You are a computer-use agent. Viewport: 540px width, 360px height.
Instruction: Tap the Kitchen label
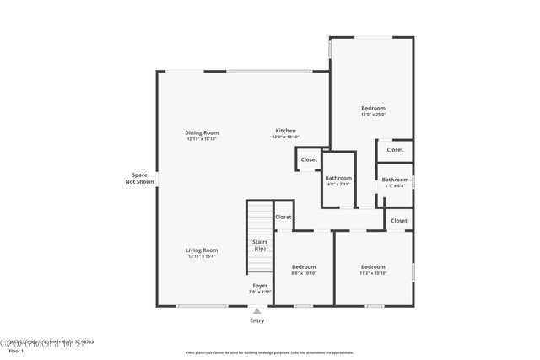285,135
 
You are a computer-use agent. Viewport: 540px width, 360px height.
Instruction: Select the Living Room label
202,253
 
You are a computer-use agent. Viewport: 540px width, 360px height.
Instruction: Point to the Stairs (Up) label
260,245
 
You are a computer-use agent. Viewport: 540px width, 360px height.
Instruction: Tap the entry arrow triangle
257,311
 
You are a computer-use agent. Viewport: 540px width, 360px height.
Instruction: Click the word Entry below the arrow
257,320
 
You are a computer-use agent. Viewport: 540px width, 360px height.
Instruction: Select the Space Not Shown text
139,178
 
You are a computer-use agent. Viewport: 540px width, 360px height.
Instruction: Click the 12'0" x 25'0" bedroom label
373,111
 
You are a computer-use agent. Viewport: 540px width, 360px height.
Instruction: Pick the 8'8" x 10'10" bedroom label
303,270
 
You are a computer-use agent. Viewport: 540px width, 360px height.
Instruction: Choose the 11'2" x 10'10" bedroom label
373,270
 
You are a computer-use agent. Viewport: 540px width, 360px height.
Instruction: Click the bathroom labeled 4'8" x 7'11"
338,181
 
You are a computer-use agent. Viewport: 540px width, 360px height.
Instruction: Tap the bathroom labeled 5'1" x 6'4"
395,182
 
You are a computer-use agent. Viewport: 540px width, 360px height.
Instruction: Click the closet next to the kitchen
309,159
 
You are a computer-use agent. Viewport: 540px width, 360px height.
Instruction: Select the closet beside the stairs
283,218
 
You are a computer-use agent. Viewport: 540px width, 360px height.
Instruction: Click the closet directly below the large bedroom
395,150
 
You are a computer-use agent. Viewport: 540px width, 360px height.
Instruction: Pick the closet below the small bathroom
398,221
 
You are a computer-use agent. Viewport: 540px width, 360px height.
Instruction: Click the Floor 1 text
17,350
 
